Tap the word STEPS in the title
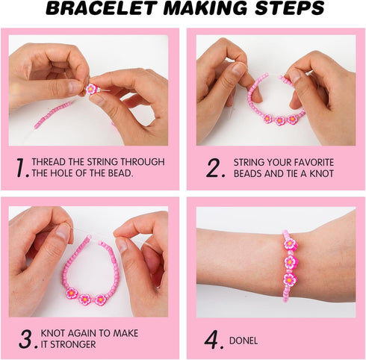(x=290, y=8)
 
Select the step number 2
(x=215, y=167)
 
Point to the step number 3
(x=28, y=339)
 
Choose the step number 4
(x=214, y=340)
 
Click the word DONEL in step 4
(x=244, y=341)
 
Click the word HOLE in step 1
(x=62, y=173)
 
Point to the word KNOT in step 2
(x=321, y=173)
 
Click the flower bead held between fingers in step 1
(x=91, y=88)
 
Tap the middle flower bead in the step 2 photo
(x=280, y=121)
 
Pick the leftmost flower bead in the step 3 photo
(x=72, y=293)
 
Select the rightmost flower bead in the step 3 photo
(x=101, y=300)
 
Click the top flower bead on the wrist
(x=291, y=244)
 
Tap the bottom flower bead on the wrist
(x=290, y=279)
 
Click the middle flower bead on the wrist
(x=291, y=262)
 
